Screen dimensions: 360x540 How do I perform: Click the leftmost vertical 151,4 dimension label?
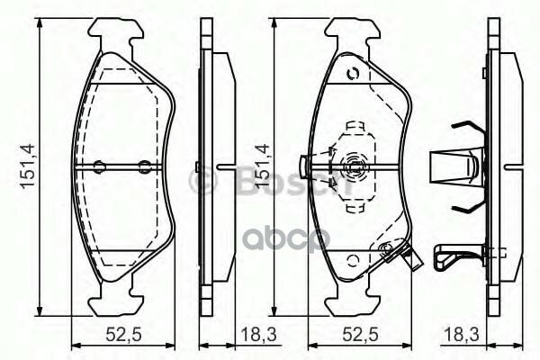point(27,166)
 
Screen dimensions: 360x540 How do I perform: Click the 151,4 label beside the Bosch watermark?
point(263,166)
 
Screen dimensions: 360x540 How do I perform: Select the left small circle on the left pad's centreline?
point(99,165)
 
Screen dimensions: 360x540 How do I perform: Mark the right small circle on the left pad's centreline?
point(145,165)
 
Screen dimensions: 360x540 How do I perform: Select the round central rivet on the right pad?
point(352,165)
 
